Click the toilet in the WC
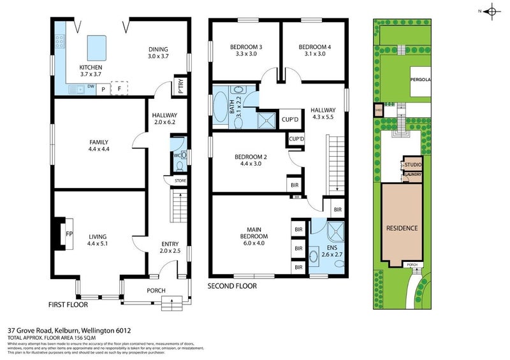point(179,165)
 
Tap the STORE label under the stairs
point(181,182)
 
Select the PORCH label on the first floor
point(156,291)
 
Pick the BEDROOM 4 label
point(315,47)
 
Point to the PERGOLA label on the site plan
point(421,80)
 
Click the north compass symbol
point(492,11)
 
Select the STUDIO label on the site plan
point(413,165)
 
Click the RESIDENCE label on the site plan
point(402,227)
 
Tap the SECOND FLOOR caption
point(232,287)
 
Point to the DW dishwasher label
point(91,86)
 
